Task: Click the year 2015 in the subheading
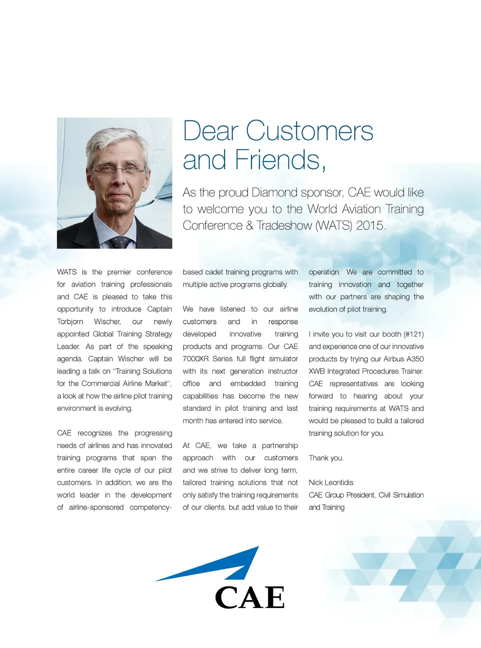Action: (x=370, y=226)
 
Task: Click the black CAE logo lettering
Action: (x=250, y=598)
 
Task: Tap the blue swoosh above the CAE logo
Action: (x=221, y=566)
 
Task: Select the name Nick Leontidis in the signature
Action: (x=331, y=483)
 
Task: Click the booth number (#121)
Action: (x=413, y=334)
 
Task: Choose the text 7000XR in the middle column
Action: (x=195, y=359)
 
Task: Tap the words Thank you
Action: (x=326, y=458)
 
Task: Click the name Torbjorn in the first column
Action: (x=70, y=322)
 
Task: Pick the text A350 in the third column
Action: (x=415, y=359)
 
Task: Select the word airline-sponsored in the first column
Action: (x=96, y=507)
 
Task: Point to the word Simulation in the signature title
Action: (x=408, y=495)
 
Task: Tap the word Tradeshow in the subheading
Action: (x=284, y=226)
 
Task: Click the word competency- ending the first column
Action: (x=151, y=507)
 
